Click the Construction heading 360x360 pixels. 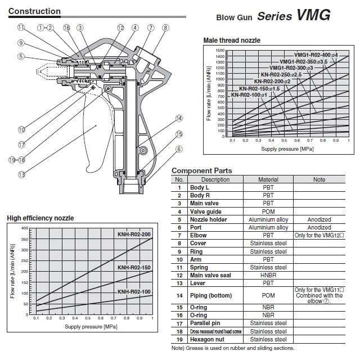point(34,11)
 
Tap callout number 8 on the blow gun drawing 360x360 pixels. point(165,28)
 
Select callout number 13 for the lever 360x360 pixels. point(21,175)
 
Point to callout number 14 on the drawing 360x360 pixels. point(179,119)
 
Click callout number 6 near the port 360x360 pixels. point(179,150)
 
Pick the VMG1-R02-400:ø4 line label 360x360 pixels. point(316,55)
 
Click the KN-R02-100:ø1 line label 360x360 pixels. point(249,95)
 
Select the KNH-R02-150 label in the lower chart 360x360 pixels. point(134,268)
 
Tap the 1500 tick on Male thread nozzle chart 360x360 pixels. point(220,51)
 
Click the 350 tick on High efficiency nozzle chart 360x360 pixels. point(25,239)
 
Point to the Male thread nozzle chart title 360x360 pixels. point(232,40)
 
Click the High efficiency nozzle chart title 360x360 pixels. point(40,218)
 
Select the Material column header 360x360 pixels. point(268,179)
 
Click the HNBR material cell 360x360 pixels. point(268,275)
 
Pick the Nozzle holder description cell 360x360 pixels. point(208,220)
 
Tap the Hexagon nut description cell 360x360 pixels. point(207,340)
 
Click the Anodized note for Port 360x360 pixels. point(319,227)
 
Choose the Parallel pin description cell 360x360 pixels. point(205,323)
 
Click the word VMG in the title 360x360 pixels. point(313,15)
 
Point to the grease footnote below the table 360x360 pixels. point(233,348)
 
